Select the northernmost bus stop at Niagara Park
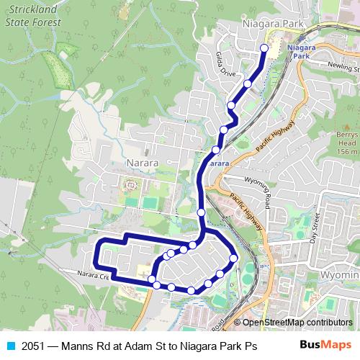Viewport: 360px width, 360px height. (x=264, y=48)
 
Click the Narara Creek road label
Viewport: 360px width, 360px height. (x=94, y=275)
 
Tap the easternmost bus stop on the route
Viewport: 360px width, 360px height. (x=233, y=258)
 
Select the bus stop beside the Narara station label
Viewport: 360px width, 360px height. (x=215, y=150)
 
